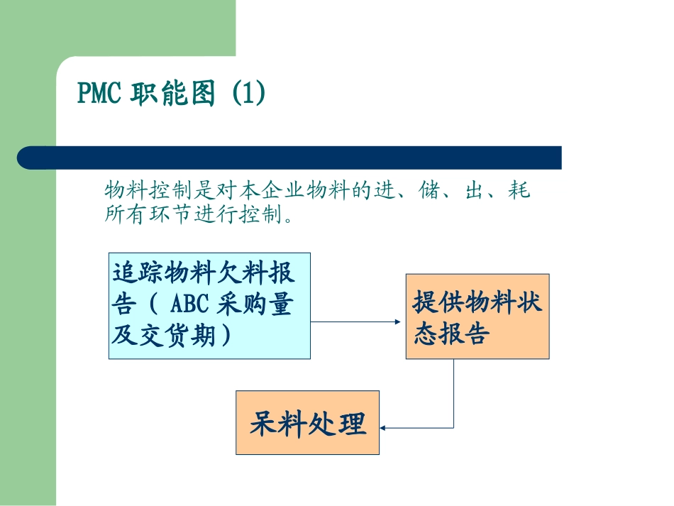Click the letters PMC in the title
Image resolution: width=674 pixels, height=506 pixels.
coord(99,94)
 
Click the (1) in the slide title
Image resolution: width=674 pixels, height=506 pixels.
coord(249,94)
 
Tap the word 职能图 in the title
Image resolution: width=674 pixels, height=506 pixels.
coord(173,94)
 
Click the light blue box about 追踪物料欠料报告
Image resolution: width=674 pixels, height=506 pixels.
coord(209,305)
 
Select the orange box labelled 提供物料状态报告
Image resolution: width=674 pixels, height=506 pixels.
coord(477,317)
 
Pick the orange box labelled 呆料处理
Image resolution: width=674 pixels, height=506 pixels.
coord(307,423)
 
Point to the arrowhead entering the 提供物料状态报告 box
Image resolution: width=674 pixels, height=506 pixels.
coord(398,321)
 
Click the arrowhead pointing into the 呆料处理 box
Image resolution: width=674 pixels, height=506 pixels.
coord(384,428)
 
